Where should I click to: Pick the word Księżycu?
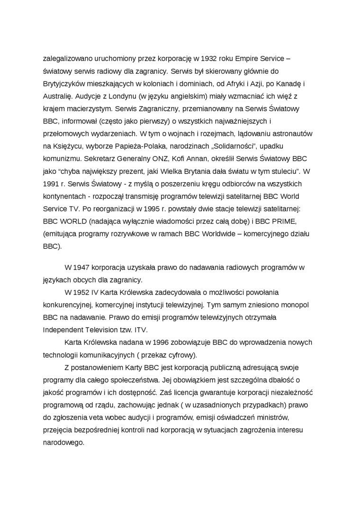(67, 146)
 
